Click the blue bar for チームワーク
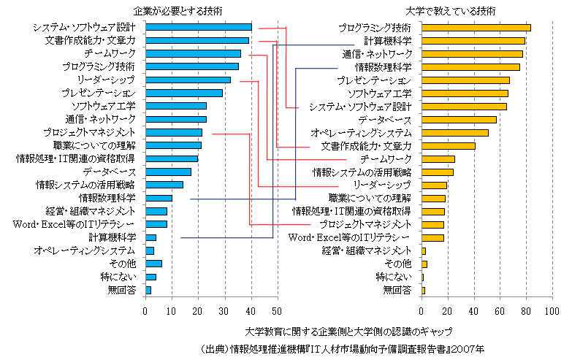tap(193, 53)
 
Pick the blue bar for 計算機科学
tap(150, 237)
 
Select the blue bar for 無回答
tap(148, 290)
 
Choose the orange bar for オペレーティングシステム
tap(454, 132)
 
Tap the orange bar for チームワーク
tap(438, 158)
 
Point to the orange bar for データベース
tap(459, 119)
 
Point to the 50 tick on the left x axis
tap(278, 311)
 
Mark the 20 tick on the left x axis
tap(198, 311)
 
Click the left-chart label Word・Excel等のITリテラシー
tap(75, 224)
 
